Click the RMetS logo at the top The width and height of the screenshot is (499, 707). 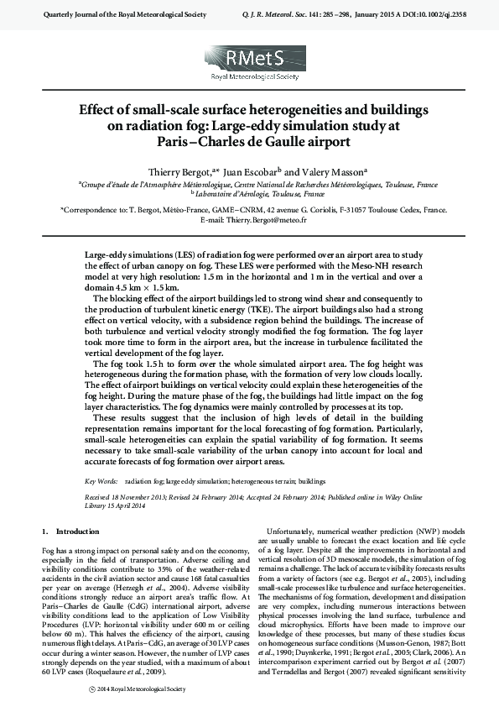pyautogui.click(x=250, y=63)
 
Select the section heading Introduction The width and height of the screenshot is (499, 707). pyautogui.click(x=77, y=531)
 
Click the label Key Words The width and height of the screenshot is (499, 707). pyautogui.click(x=101, y=482)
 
